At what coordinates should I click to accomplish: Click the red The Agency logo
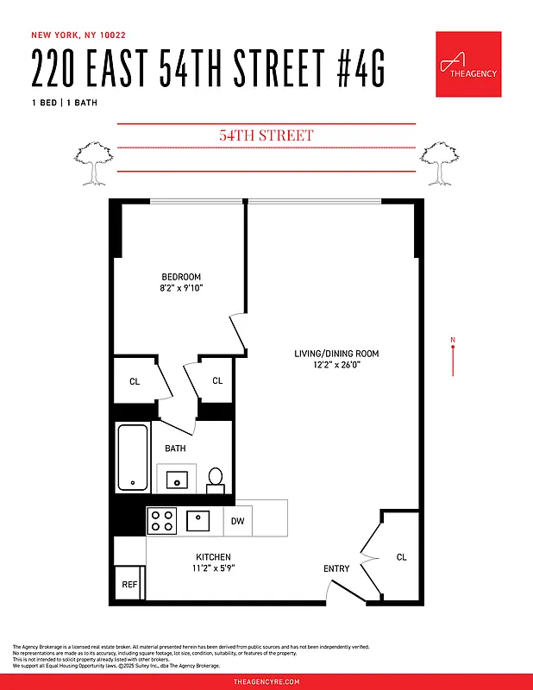468,65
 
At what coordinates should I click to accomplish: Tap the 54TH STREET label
266,135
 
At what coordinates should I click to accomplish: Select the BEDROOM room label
181,277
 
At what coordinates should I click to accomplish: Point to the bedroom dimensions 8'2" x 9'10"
181,288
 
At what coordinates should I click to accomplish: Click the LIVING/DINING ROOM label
336,354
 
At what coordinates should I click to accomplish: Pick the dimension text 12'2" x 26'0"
336,365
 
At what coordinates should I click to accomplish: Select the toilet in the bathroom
216,479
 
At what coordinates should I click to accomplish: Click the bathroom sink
177,479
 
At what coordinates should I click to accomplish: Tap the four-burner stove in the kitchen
161,520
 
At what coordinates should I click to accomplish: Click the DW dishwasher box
238,520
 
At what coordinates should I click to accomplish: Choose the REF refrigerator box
129,584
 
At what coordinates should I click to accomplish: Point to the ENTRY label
336,568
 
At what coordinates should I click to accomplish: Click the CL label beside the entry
401,557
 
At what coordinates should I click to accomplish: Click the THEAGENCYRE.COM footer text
266,681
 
